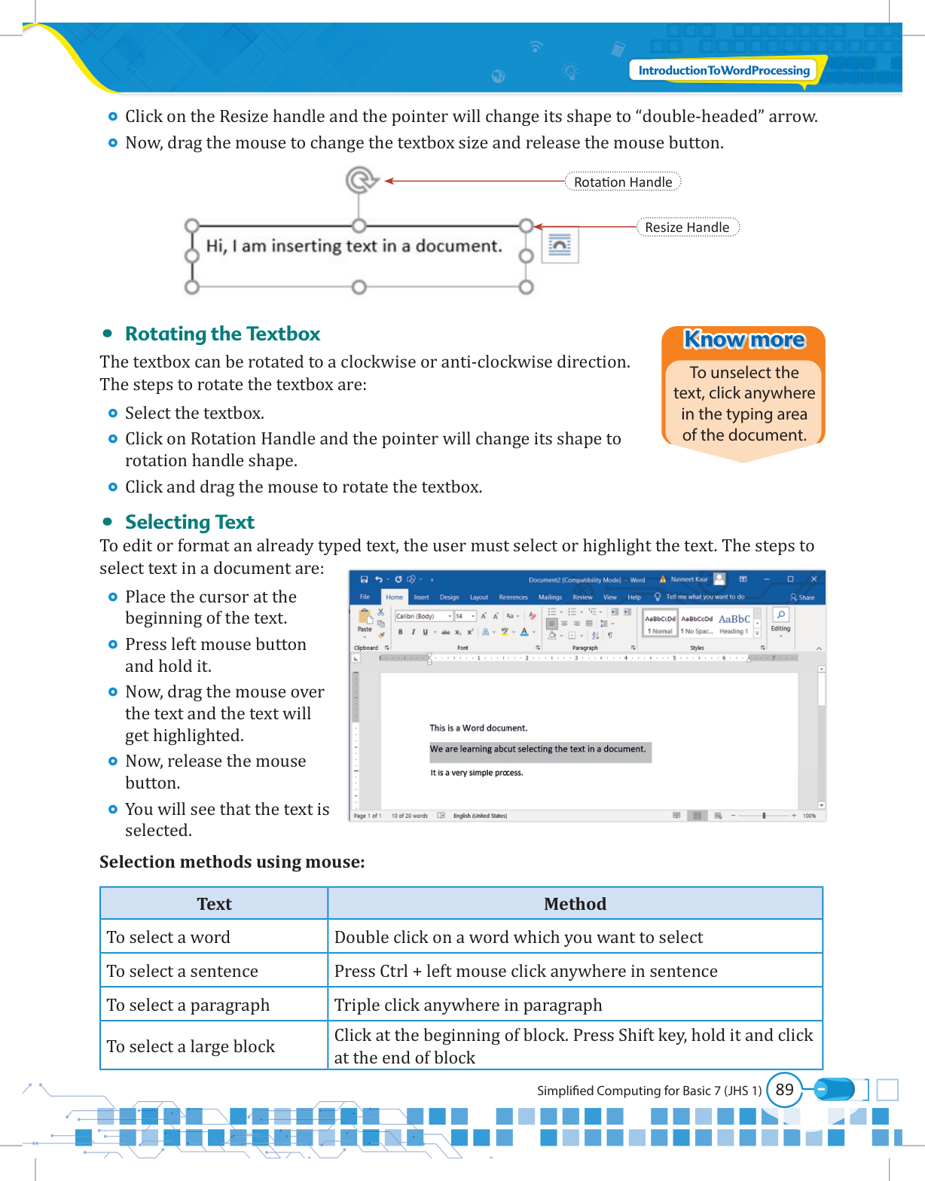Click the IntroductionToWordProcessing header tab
(x=724, y=71)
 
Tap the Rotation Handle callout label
(x=623, y=182)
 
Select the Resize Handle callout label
(x=687, y=227)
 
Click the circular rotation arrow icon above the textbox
(x=361, y=180)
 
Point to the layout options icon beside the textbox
(x=560, y=246)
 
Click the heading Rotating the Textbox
(x=222, y=334)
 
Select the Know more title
(x=744, y=340)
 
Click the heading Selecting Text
(x=190, y=522)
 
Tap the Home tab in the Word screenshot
(x=395, y=597)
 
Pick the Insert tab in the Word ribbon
(x=421, y=597)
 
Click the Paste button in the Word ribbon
(x=365, y=621)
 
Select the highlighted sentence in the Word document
(x=538, y=749)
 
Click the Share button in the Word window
(x=803, y=597)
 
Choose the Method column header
(x=575, y=904)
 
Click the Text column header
(x=215, y=904)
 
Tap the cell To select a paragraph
(x=188, y=1006)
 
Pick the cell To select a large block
(x=191, y=1047)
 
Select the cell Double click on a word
(x=518, y=938)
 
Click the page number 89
(x=785, y=1090)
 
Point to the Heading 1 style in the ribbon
(x=734, y=624)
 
